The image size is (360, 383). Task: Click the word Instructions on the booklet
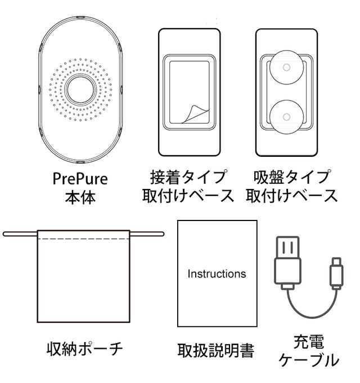click(217, 274)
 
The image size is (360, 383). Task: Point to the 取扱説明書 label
click(217, 351)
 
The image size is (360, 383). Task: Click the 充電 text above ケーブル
click(309, 341)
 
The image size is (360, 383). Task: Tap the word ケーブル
click(309, 360)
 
